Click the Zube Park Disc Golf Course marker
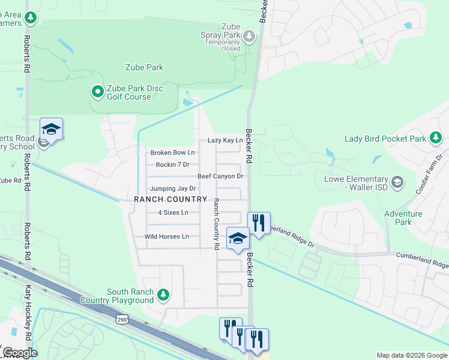[97, 92]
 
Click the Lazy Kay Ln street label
[225, 140]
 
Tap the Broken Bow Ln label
[172, 152]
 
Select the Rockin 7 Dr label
[172, 164]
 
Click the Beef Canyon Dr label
[220, 176]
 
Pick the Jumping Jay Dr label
[173, 188]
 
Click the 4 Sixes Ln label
[173, 212]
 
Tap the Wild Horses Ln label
[166, 236]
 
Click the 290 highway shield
[121, 319]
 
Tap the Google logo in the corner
[20, 352]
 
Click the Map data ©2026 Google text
[411, 355]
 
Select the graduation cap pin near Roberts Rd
[52, 129]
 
